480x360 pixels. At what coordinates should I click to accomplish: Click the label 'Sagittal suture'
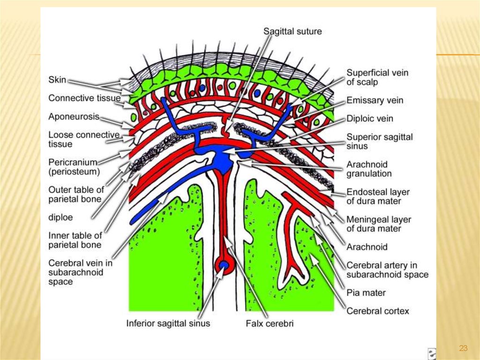tap(292, 31)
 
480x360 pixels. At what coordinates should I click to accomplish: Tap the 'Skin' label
tap(57, 80)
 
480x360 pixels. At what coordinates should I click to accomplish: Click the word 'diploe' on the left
tap(60, 218)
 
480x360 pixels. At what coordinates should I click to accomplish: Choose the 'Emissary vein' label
tap(375, 100)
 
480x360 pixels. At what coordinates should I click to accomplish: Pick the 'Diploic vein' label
tap(370, 119)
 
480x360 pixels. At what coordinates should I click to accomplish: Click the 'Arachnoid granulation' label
tap(369, 169)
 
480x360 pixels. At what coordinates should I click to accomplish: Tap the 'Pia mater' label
tap(366, 293)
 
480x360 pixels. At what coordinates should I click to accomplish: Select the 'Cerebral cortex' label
tap(377, 311)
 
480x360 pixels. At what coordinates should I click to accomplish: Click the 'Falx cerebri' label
tap(270, 323)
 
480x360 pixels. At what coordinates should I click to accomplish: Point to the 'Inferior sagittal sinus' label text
tap(168, 323)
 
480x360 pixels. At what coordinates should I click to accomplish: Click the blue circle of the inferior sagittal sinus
tap(224, 267)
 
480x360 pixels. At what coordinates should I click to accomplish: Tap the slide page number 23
tap(463, 348)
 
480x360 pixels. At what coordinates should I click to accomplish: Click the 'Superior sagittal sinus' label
tap(380, 141)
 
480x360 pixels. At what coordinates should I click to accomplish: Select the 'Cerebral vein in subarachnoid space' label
tap(80, 272)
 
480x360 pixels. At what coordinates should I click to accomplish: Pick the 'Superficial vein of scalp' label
tap(377, 77)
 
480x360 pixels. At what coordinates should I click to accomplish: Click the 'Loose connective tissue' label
tap(84, 139)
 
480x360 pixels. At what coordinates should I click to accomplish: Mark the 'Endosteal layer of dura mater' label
tap(378, 197)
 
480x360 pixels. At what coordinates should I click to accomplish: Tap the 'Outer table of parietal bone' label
tap(76, 194)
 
